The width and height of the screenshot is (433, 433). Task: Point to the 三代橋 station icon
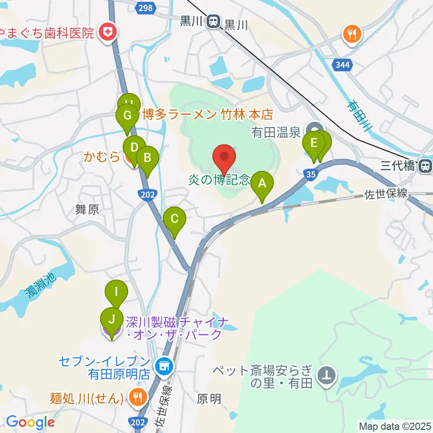tap(424, 166)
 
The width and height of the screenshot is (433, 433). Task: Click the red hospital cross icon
tap(108, 32)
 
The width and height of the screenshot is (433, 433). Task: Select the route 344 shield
tap(342, 65)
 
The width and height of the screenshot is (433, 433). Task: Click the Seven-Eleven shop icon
tap(162, 365)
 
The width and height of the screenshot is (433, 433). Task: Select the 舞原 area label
tap(87, 209)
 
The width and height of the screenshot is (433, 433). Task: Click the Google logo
tap(30, 423)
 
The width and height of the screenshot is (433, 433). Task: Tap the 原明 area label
tap(209, 399)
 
